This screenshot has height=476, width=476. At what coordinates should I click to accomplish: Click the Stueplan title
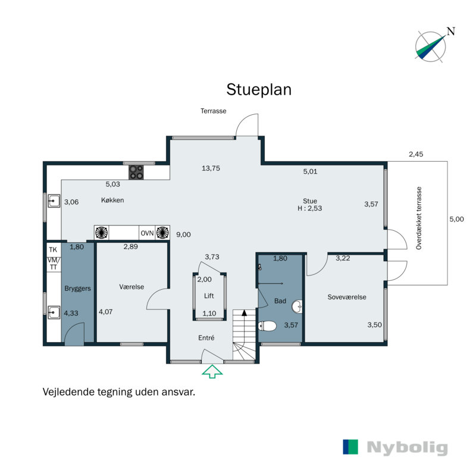(x=259, y=90)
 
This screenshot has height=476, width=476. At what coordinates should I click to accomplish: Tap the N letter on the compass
(x=451, y=31)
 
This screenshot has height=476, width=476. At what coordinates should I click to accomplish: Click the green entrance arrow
(x=212, y=371)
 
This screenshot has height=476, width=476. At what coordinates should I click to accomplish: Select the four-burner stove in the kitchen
(x=136, y=172)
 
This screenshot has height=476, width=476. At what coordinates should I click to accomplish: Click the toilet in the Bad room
(x=267, y=326)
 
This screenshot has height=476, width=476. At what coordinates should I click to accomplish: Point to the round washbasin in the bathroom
(x=297, y=306)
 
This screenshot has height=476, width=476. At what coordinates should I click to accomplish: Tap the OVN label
(x=147, y=233)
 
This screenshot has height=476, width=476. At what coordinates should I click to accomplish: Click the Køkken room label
(x=112, y=200)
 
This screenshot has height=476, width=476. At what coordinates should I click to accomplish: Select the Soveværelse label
(x=347, y=297)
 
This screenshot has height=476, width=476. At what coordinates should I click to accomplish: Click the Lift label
(x=209, y=296)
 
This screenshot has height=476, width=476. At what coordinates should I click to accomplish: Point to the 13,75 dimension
(x=211, y=168)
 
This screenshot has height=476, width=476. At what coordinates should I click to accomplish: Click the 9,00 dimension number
(x=183, y=234)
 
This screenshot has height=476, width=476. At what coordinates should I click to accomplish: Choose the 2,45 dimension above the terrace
(x=415, y=154)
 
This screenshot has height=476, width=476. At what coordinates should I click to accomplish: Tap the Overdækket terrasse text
(x=419, y=218)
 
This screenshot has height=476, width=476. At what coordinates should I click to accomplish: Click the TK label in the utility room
(x=53, y=249)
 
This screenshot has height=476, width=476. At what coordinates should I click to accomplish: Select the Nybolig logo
(x=395, y=447)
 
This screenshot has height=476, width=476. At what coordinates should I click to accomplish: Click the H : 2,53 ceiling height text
(x=309, y=208)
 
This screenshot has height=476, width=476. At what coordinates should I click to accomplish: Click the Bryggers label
(x=77, y=289)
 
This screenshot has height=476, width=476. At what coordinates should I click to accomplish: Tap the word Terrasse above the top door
(x=213, y=111)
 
